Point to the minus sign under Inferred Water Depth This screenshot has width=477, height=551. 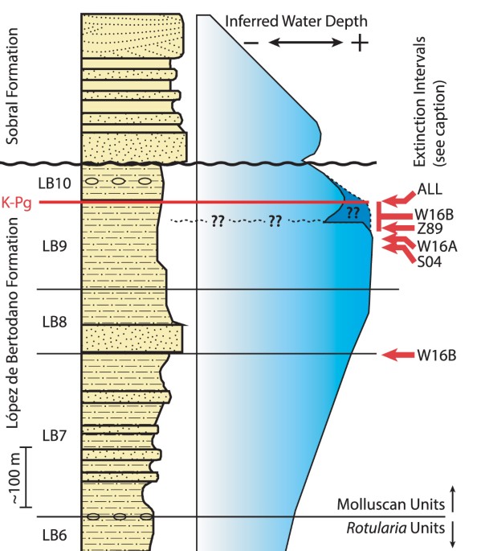(250, 43)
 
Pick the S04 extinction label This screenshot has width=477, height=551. (430, 259)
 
